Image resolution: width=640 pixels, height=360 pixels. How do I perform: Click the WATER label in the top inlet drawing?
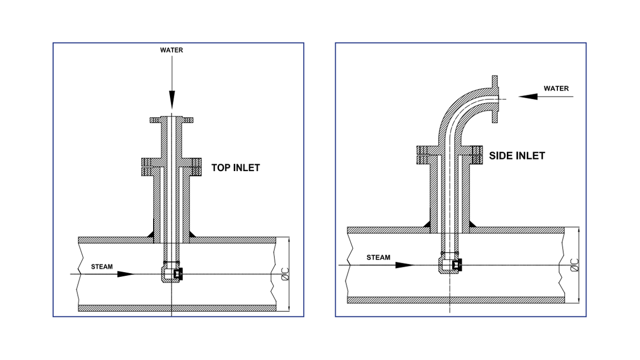(x=172, y=51)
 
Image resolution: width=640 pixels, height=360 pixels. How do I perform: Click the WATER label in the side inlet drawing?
(x=556, y=88)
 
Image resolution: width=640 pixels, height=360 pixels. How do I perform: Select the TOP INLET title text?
(x=235, y=168)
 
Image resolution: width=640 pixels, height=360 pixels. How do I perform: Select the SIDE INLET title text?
(x=517, y=156)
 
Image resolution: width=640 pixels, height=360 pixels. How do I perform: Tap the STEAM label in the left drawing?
(x=102, y=267)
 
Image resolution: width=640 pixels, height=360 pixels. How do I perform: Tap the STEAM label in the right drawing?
(x=378, y=257)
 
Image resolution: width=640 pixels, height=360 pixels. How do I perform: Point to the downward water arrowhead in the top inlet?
(x=172, y=99)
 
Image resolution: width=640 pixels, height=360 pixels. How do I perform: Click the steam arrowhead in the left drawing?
(x=126, y=274)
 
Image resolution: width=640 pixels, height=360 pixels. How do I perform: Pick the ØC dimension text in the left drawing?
(x=285, y=274)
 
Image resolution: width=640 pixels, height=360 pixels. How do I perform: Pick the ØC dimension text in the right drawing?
(x=574, y=265)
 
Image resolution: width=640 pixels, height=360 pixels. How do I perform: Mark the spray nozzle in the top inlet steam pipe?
(x=172, y=274)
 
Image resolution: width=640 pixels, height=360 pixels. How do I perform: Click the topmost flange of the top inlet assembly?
(x=172, y=120)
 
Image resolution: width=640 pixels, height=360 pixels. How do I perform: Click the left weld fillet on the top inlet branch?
(x=151, y=233)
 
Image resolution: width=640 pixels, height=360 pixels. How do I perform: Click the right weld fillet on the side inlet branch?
(x=472, y=224)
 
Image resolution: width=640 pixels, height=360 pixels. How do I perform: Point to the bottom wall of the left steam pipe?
(x=177, y=308)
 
